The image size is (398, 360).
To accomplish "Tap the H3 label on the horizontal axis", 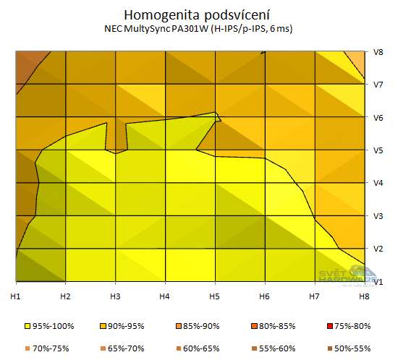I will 114,296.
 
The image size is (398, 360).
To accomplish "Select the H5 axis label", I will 215,296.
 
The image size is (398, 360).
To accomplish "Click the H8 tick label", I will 365,296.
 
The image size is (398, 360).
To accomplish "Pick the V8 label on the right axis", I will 378,52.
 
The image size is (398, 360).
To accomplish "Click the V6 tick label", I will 378,117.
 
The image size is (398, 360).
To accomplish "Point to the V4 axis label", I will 378,183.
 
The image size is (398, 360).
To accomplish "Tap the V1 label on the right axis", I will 378,281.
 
